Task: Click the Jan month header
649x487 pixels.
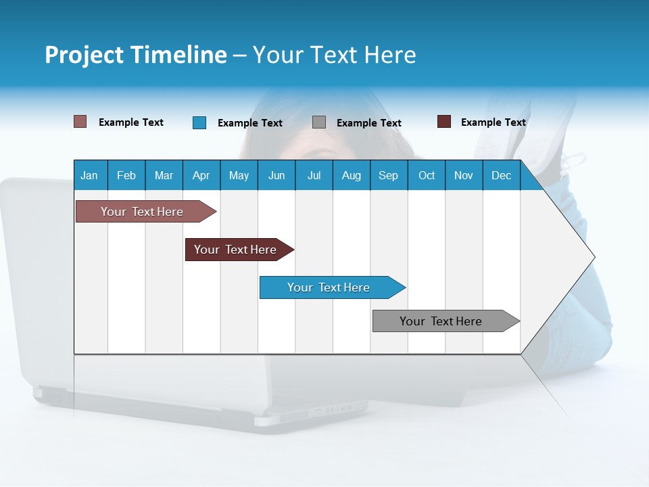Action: [89, 176]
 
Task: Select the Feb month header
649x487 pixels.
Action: [126, 176]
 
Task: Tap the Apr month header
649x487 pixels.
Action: [201, 176]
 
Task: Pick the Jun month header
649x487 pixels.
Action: [277, 176]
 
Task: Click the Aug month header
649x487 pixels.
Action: [351, 176]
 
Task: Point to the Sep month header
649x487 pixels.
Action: [388, 176]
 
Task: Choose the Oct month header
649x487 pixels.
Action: [427, 176]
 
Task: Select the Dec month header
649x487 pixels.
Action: [501, 176]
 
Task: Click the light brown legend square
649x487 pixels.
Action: [80, 122]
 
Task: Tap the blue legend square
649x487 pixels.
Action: [199, 122]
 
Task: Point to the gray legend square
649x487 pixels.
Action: [319, 122]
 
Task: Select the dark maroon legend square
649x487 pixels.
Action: [443, 122]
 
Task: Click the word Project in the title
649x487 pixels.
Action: [84, 55]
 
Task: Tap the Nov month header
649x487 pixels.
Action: [463, 176]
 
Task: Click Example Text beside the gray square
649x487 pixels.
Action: [368, 123]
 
